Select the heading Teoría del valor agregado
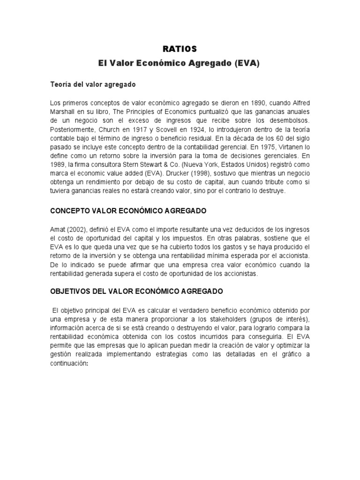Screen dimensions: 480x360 pos(93,84)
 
